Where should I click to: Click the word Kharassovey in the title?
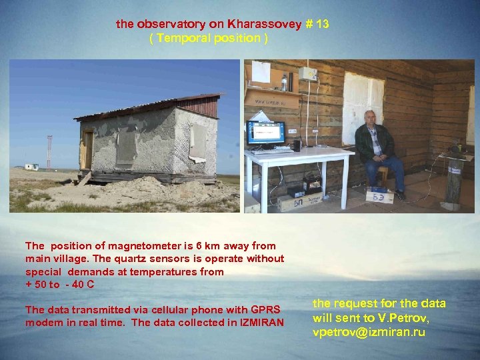(265, 24)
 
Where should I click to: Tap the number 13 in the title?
(322, 24)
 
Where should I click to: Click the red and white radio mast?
(49, 152)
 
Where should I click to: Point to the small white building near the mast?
(31, 166)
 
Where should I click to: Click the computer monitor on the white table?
(266, 132)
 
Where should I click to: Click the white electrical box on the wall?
(307, 74)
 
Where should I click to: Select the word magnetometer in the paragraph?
(134, 246)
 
